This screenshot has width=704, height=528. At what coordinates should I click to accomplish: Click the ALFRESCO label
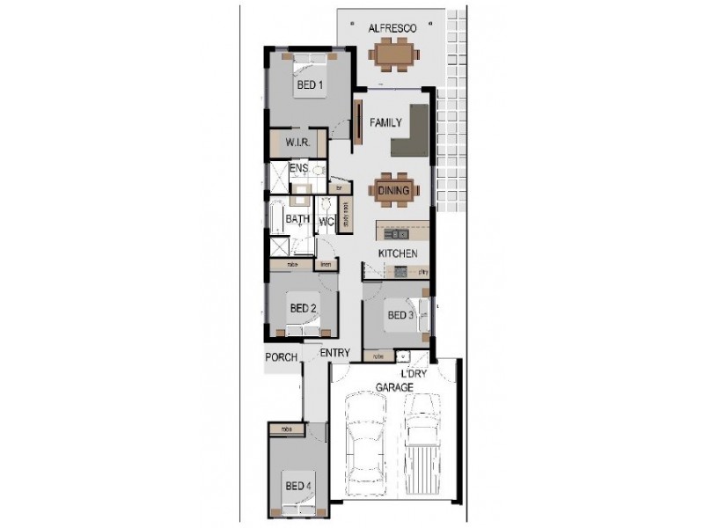click(392, 29)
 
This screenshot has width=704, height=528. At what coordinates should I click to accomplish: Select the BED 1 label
click(309, 85)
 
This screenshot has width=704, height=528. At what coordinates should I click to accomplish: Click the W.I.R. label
click(295, 143)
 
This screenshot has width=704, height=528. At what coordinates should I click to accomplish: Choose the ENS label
click(298, 168)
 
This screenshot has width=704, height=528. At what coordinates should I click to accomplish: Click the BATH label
click(297, 219)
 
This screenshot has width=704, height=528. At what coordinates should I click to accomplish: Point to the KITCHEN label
click(397, 253)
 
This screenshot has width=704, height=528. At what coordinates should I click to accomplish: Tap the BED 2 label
click(303, 308)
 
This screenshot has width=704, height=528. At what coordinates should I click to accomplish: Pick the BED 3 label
click(400, 315)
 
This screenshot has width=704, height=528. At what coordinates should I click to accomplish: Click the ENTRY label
click(335, 353)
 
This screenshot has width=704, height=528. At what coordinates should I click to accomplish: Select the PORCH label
click(282, 358)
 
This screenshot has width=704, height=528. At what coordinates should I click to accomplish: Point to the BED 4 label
click(297, 485)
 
